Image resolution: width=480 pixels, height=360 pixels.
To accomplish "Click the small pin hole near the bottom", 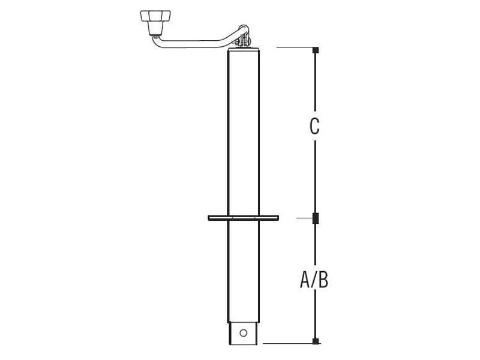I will click(243, 332).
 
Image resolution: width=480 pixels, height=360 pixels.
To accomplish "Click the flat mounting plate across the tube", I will click(243, 218).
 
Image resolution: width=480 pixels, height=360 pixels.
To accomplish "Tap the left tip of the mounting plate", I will click(210, 218).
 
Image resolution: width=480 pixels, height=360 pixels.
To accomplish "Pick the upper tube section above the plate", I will click(243, 132).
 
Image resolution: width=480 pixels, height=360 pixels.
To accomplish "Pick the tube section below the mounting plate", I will click(243, 270).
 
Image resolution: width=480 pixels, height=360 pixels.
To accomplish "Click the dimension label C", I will click(314, 127).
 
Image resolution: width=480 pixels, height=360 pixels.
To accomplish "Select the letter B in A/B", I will click(323, 280).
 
